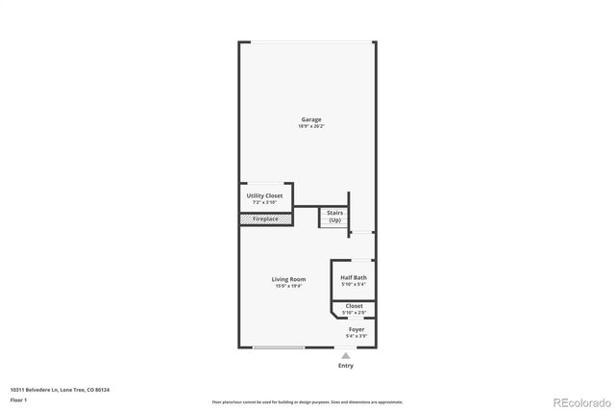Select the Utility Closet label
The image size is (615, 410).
click(x=264, y=195)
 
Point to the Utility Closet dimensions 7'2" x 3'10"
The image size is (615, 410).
click(x=264, y=202)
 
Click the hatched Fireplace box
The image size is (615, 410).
click(x=265, y=219)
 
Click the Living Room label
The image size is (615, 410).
click(x=288, y=279)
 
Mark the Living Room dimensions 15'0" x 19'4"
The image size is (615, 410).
click(x=288, y=286)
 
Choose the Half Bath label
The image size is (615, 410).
click(x=354, y=277)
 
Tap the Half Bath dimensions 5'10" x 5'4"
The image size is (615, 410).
click(x=354, y=284)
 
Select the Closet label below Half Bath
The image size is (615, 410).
click(x=354, y=306)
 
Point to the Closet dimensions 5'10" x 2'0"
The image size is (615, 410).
click(x=354, y=313)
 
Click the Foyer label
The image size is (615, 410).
click(x=356, y=329)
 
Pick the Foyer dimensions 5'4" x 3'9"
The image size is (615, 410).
click(x=356, y=336)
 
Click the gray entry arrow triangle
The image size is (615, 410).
click(x=346, y=355)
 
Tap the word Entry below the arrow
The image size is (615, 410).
click(x=346, y=366)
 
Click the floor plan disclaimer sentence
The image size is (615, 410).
click(x=307, y=401)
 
